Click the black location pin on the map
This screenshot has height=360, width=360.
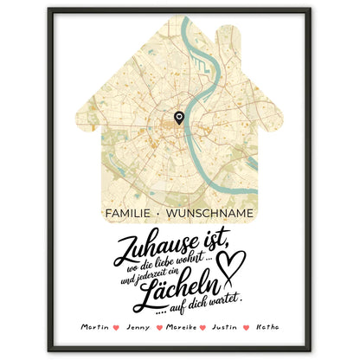click(x=179, y=118)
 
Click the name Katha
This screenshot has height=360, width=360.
click(x=263, y=328)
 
